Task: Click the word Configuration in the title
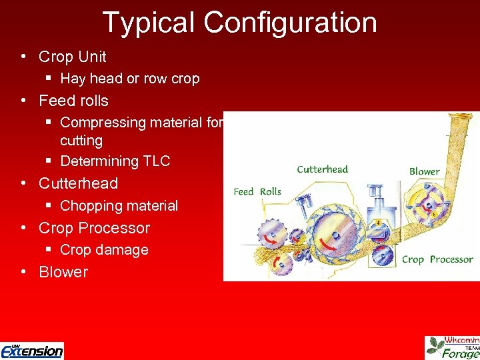click(291, 22)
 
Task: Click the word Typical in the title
click(149, 22)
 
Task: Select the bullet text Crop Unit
click(72, 57)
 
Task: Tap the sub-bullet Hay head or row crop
click(130, 79)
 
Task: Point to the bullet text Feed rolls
click(73, 101)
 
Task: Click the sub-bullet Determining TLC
click(115, 161)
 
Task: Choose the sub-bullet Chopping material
click(119, 205)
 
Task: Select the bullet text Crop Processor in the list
click(94, 227)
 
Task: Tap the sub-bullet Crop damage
click(104, 250)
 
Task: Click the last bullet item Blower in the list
click(63, 272)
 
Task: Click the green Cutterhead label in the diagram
click(323, 169)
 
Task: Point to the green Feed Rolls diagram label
click(257, 191)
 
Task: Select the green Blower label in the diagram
click(424, 171)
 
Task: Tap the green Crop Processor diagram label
click(437, 259)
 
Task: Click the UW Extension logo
click(32, 350)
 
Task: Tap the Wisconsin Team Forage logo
click(453, 347)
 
